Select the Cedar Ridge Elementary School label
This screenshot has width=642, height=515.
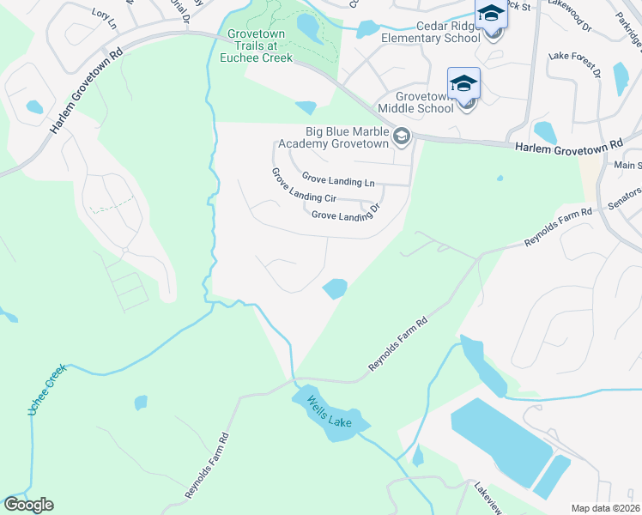[x=435, y=32]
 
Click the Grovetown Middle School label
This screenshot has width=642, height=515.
[x=424, y=103]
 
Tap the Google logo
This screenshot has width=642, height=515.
[x=28, y=504]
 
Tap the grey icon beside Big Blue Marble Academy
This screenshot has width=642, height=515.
[x=401, y=136]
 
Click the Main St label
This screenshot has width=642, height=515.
[x=627, y=165]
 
